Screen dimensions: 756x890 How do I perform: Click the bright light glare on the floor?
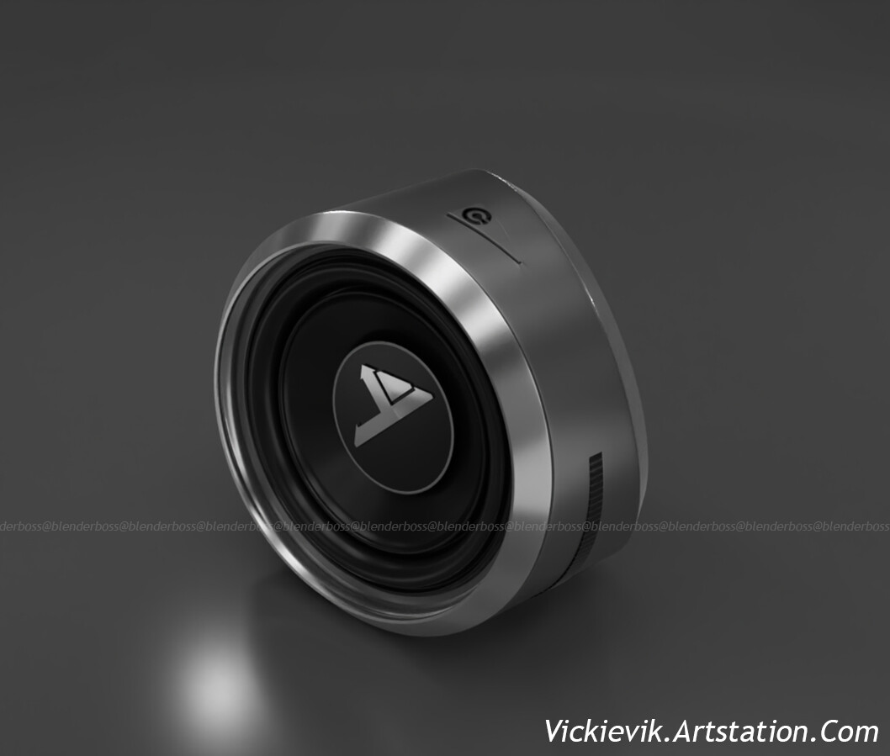coord(215,685)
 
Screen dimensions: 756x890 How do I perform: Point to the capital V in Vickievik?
coord(554,731)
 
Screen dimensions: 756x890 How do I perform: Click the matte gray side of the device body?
coord(564,353)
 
